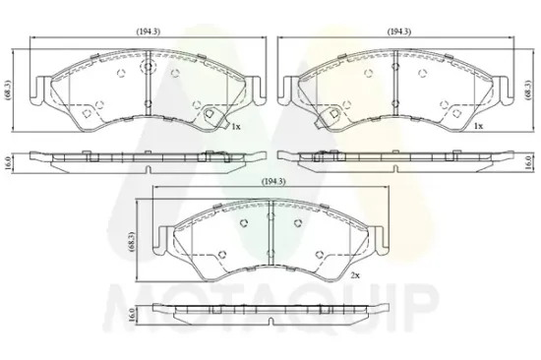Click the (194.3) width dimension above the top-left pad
coord(148,31)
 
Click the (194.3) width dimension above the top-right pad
coord(398,31)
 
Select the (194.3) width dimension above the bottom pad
coord(274,182)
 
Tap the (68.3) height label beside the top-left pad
coord(8,90)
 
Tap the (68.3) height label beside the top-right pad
coord(527,90)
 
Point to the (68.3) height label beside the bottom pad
coord(133,243)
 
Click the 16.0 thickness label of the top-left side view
coord(8,162)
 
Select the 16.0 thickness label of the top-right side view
coord(527,162)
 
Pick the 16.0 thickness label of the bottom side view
coord(132,315)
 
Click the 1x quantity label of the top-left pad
coord(236,127)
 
